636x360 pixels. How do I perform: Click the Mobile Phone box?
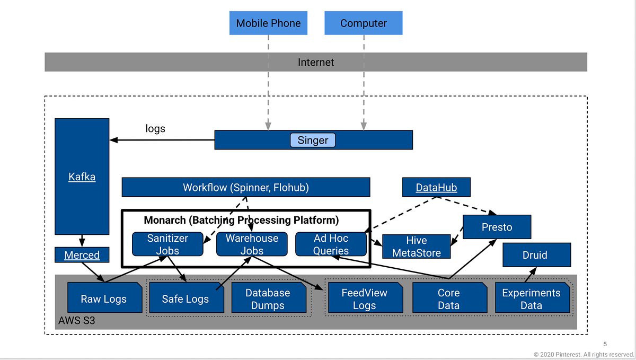268,23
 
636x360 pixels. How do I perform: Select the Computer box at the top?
364,23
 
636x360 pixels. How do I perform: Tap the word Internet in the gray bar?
316,62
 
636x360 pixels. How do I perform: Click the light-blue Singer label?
313,141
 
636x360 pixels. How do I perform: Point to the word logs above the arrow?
155,128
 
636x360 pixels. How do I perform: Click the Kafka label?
82,177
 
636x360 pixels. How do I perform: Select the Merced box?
82,255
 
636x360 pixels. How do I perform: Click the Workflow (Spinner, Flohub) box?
246,187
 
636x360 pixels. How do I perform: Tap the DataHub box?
436,187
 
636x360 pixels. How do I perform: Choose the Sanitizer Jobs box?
167,244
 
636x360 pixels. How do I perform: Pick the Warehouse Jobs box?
252,244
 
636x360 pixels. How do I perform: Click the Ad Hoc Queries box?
331,244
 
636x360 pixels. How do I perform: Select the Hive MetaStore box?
416,247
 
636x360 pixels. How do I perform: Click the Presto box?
497,227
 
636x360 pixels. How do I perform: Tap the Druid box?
536,254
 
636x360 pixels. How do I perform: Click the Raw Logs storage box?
104,298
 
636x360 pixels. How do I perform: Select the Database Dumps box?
268,298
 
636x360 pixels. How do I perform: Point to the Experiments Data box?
531,298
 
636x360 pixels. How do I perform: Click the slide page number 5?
605,344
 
